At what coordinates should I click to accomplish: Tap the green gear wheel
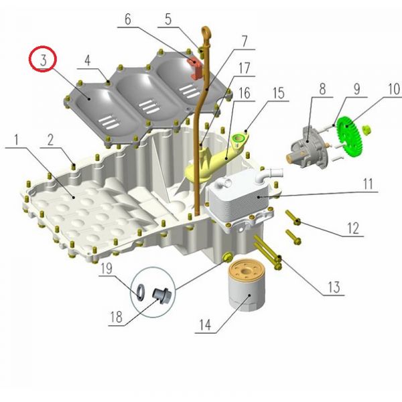click(349, 136)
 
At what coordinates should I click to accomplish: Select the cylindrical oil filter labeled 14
click(247, 285)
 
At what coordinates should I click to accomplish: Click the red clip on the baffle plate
click(195, 68)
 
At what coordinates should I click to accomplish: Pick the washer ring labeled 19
click(141, 292)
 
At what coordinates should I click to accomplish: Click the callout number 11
click(368, 184)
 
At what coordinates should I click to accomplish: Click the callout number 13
click(334, 287)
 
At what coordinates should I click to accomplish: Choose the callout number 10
click(394, 89)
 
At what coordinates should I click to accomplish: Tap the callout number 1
click(16, 139)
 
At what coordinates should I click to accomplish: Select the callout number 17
click(244, 68)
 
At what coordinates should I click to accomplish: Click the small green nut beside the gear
click(367, 129)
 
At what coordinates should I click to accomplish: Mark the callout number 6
click(128, 19)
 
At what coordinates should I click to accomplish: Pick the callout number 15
click(279, 93)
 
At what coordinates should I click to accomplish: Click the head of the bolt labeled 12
click(297, 222)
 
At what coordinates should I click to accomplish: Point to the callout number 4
click(87, 60)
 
